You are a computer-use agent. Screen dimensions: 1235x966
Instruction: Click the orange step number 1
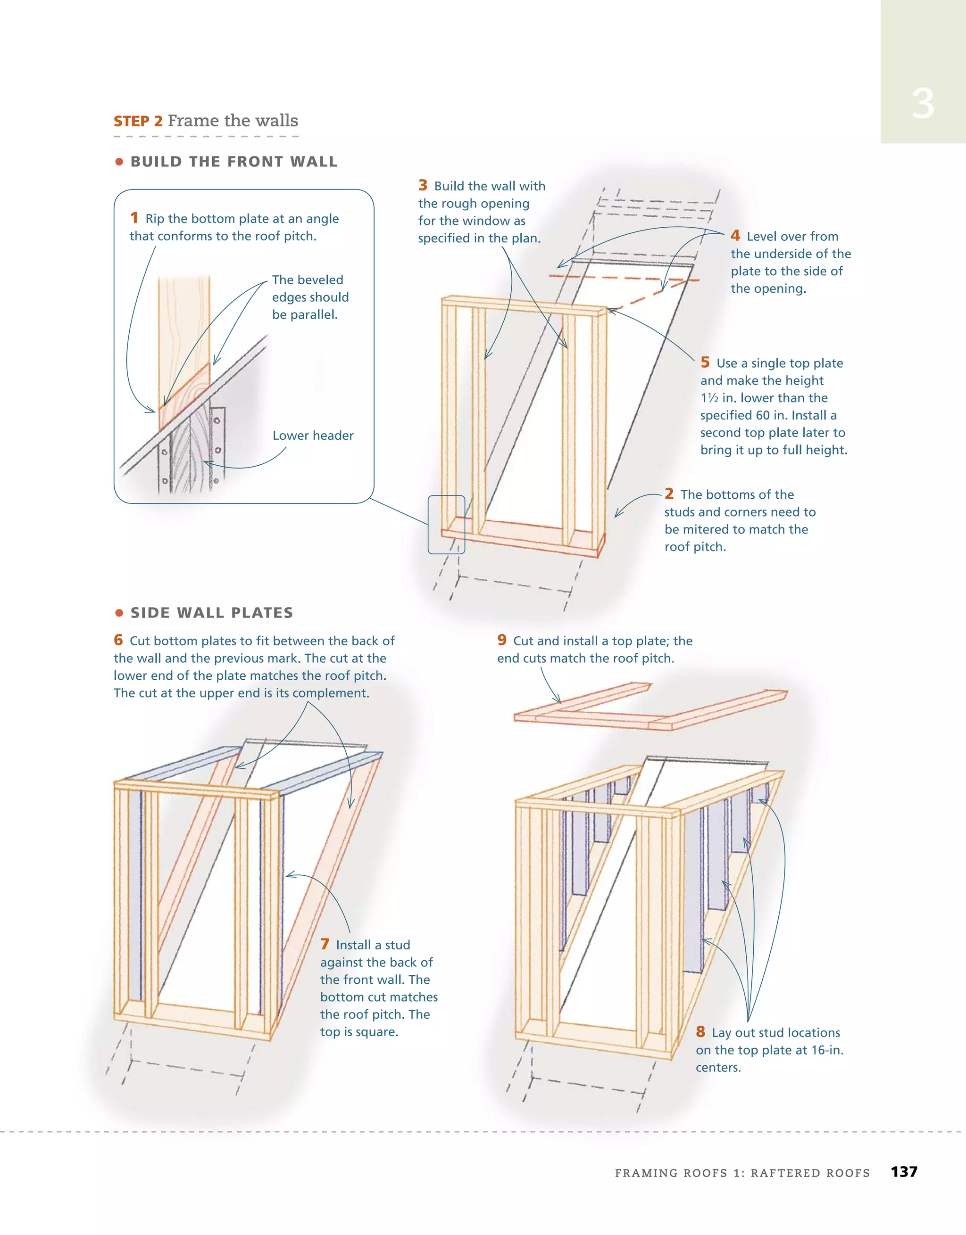(x=134, y=218)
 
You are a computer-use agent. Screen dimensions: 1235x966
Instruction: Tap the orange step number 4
(x=735, y=235)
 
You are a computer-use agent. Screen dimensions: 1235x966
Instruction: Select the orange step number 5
(x=705, y=362)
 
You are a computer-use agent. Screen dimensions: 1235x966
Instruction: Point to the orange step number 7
(x=325, y=944)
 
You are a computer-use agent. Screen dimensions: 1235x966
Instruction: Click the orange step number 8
(x=700, y=1031)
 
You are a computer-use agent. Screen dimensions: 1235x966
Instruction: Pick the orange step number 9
(x=502, y=640)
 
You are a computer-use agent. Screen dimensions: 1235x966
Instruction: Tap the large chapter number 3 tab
(x=923, y=104)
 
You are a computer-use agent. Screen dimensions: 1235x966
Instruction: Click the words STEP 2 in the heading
(x=138, y=122)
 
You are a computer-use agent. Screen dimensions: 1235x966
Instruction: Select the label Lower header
(x=313, y=436)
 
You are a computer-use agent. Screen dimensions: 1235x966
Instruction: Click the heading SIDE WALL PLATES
(x=212, y=612)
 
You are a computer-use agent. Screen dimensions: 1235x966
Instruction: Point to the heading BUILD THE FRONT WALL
(x=234, y=162)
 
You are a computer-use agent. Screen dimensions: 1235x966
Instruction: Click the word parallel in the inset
(x=314, y=315)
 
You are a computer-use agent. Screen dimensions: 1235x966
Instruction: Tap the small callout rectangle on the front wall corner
(x=447, y=524)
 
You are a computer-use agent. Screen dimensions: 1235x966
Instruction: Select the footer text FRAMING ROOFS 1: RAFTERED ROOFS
(x=742, y=1173)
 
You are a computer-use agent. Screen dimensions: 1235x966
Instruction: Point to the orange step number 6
(x=118, y=640)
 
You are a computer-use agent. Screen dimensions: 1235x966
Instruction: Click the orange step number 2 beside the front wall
(x=669, y=494)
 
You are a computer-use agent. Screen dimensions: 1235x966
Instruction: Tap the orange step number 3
(x=423, y=185)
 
